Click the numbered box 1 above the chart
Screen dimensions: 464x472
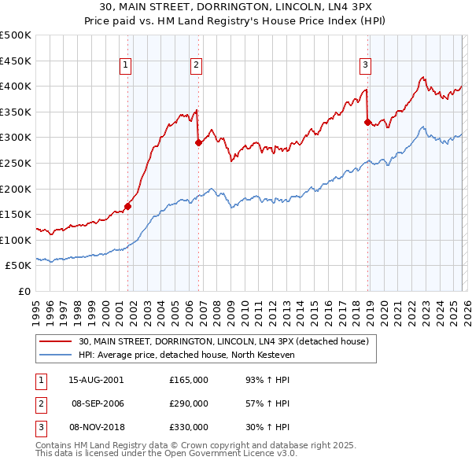pyautogui.click(x=127, y=65)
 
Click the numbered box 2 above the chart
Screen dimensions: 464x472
pyautogui.click(x=196, y=65)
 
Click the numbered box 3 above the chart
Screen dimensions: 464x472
pyautogui.click(x=366, y=65)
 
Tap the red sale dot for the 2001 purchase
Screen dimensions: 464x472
pyautogui.click(x=127, y=207)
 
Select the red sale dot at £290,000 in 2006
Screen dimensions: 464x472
pyautogui.click(x=198, y=142)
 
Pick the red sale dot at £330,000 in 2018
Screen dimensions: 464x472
pyautogui.click(x=367, y=122)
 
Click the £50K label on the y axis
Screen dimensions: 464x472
pyautogui.click(x=19, y=266)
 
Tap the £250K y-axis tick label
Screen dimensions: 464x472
pyautogui.click(x=16, y=163)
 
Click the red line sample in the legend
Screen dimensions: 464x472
pyautogui.click(x=55, y=341)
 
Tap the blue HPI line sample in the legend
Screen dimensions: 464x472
pyautogui.click(x=55, y=355)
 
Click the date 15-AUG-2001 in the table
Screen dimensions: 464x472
pyautogui.click(x=96, y=379)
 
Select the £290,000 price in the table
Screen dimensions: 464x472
pyautogui.click(x=188, y=403)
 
